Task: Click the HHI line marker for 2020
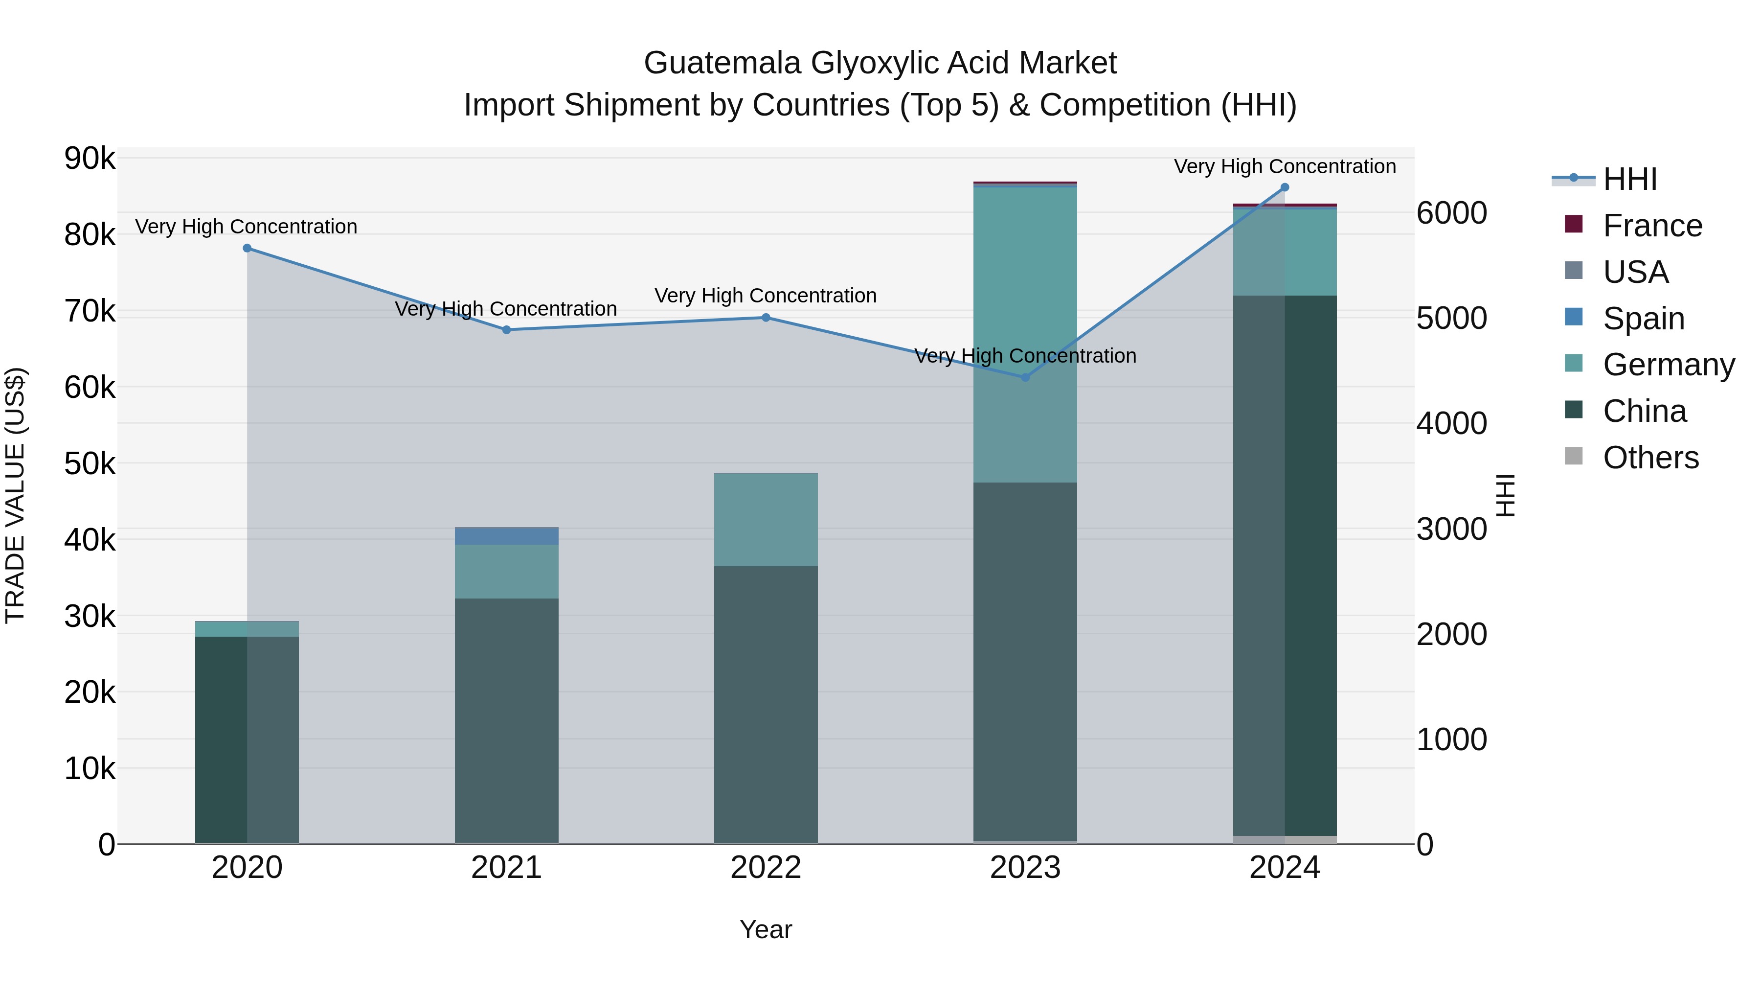click(x=247, y=248)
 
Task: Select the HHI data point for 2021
click(x=507, y=330)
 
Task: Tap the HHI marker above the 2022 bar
click(x=766, y=317)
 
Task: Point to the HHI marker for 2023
click(x=1025, y=377)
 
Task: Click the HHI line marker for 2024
click(x=1285, y=187)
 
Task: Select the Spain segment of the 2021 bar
click(x=507, y=535)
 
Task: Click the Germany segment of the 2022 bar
click(x=766, y=520)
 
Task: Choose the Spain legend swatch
click(x=1573, y=317)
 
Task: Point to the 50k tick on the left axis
click(x=90, y=464)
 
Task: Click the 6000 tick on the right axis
click(x=1451, y=213)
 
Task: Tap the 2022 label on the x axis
click(x=766, y=868)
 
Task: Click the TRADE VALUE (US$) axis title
click(x=15, y=495)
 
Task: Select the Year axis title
click(x=766, y=929)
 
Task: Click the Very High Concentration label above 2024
click(x=1285, y=166)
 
